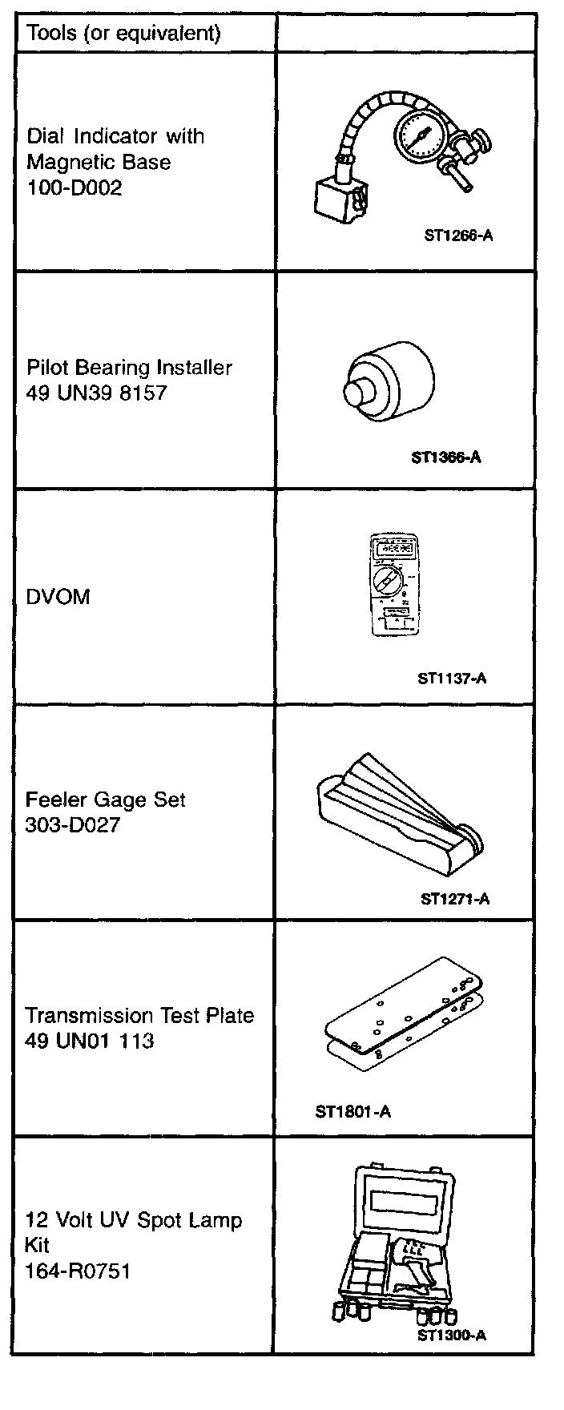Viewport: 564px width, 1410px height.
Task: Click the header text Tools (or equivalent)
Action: coord(123,33)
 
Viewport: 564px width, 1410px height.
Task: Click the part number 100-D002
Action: coord(75,187)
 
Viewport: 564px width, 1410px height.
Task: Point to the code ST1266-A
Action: coord(457,236)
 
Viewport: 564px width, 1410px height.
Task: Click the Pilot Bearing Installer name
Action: coord(129,368)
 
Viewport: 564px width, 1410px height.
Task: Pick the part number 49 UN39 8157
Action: coord(96,393)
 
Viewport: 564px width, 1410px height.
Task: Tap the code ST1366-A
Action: coord(445,458)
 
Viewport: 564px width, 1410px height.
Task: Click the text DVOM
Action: coord(58,597)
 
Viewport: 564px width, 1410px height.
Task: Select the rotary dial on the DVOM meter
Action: coord(391,582)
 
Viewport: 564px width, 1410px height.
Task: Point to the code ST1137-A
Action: coord(452,679)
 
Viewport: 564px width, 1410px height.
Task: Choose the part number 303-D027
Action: coord(73,824)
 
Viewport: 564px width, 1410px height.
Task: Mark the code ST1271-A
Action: coord(455,898)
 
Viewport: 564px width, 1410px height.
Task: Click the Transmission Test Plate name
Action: coord(139,1016)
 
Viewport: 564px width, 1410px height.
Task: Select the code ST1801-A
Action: coord(353,1112)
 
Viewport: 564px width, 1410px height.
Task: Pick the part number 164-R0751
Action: coord(77,1271)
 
